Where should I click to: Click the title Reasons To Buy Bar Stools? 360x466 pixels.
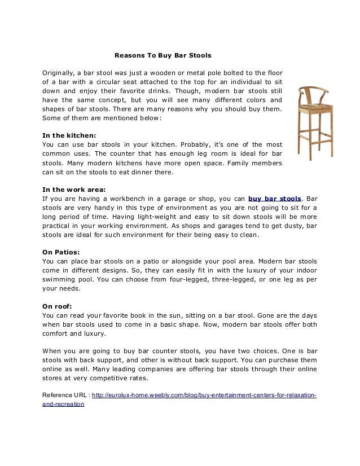pyautogui.click(x=163, y=56)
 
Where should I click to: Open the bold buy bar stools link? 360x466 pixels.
pyautogui.click(x=275, y=199)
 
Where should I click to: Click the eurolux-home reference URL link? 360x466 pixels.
pyautogui.click(x=204, y=395)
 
